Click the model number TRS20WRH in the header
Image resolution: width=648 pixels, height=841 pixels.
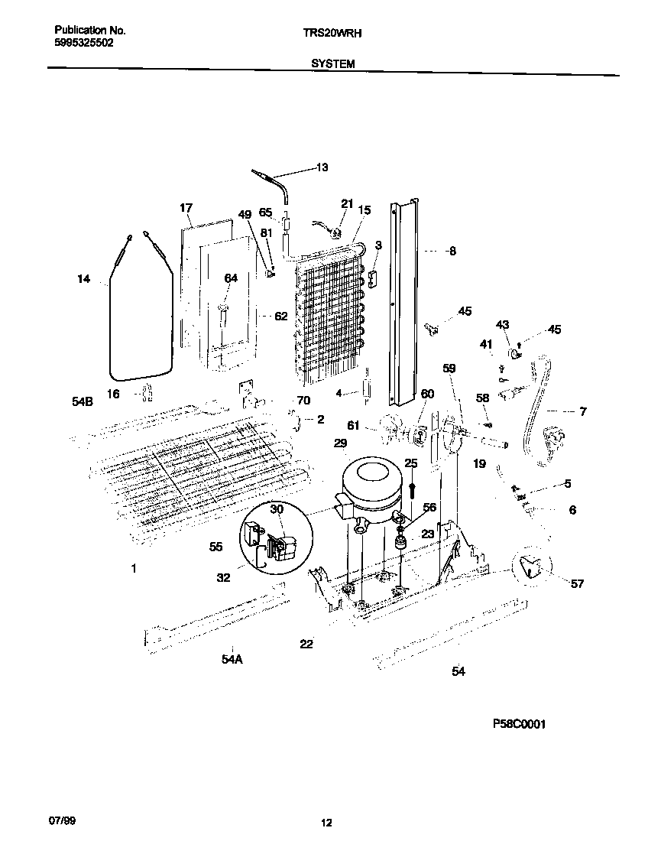[x=332, y=33]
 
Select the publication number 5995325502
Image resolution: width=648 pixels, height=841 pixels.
[x=84, y=44]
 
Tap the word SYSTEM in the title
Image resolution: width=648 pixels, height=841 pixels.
[x=332, y=64]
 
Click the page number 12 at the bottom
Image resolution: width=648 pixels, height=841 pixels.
[x=326, y=823]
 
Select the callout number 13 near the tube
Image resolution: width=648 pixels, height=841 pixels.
[x=322, y=167]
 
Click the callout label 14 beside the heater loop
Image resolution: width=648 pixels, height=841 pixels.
[x=83, y=280]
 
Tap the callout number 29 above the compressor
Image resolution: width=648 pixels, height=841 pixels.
[x=340, y=443]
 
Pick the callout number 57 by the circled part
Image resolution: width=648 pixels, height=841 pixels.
[x=577, y=584]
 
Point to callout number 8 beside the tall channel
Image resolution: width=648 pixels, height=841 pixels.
[x=452, y=250]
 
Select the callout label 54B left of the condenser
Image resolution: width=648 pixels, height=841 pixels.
[x=83, y=401]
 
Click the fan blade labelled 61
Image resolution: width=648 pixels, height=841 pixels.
[x=391, y=425]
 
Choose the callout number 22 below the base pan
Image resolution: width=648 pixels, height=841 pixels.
[x=306, y=645]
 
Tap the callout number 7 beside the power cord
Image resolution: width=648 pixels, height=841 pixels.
[x=582, y=412]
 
